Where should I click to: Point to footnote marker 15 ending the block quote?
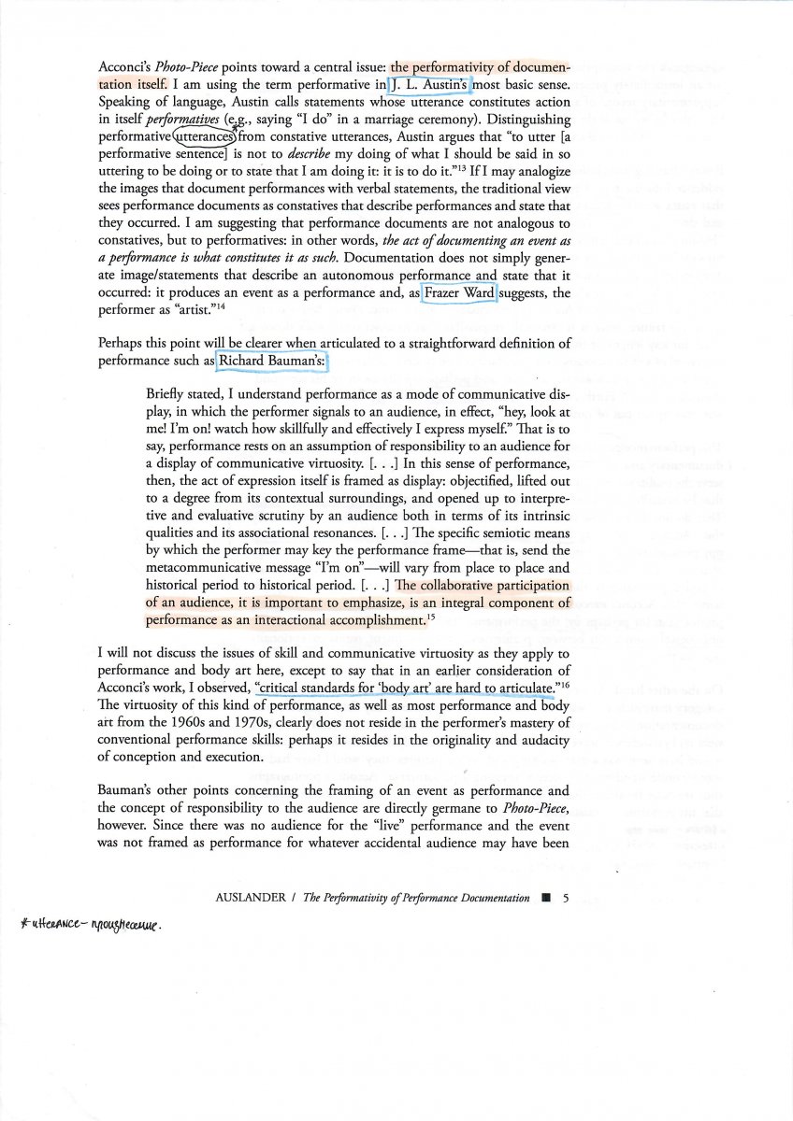point(431,615)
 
